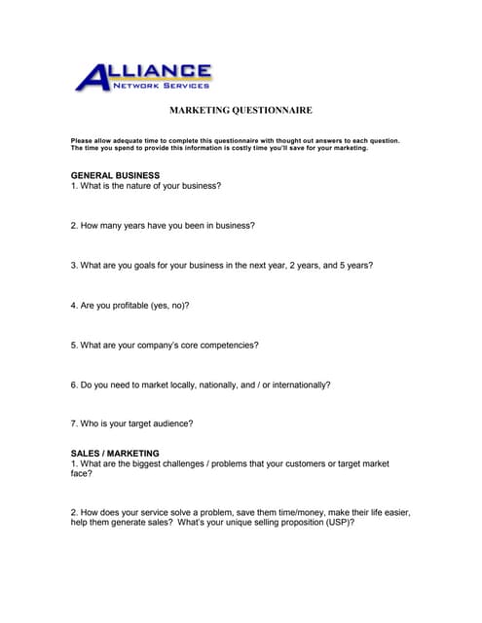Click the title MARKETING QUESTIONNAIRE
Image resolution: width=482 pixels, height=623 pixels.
click(x=241, y=111)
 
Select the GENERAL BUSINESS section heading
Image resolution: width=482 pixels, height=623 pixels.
click(x=115, y=175)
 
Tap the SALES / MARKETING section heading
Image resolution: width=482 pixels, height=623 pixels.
click(x=115, y=454)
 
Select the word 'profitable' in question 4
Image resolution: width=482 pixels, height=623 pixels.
click(x=127, y=305)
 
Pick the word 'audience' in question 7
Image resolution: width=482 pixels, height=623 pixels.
click(x=174, y=423)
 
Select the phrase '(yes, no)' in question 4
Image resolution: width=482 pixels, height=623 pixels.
click(x=168, y=305)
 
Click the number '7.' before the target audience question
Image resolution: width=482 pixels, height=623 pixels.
click(x=74, y=423)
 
